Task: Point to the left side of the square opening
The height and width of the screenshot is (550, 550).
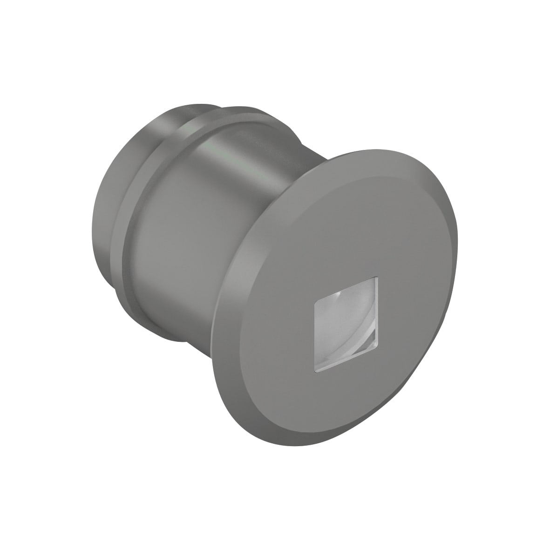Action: click(x=316, y=331)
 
